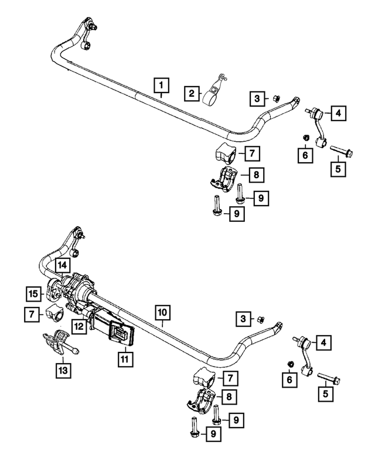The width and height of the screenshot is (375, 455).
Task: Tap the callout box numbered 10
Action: tap(163, 313)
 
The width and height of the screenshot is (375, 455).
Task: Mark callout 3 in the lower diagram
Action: tap(241, 319)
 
